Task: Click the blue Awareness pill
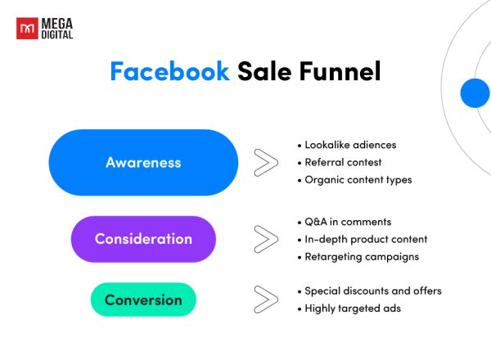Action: pos(143,162)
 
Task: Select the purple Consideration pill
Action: pos(143,239)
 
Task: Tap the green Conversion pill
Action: pos(143,299)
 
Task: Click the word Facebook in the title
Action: pos(169,72)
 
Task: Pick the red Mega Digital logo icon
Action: pos(26,29)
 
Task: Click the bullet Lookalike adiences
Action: pos(349,145)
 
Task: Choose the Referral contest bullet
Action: pos(343,162)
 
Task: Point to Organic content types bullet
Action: pos(358,179)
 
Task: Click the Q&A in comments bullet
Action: pos(347,222)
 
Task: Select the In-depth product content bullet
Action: pos(365,239)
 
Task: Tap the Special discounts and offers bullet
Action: pos(372,291)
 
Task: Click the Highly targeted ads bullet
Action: pos(353,308)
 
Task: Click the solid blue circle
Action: pos(475,92)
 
